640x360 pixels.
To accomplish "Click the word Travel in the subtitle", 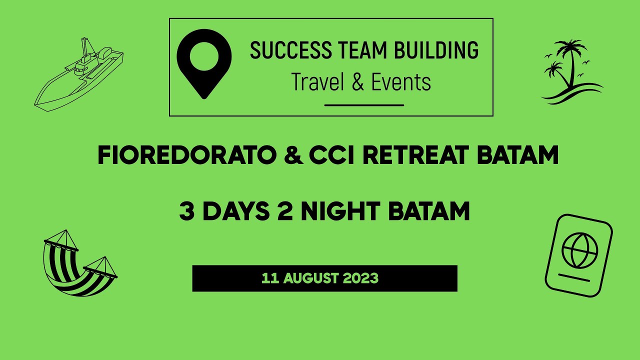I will click(x=318, y=82).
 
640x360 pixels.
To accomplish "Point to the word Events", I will click(x=401, y=82).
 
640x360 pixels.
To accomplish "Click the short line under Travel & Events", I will click(x=364, y=105).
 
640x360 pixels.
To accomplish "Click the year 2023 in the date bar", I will click(x=360, y=278).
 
